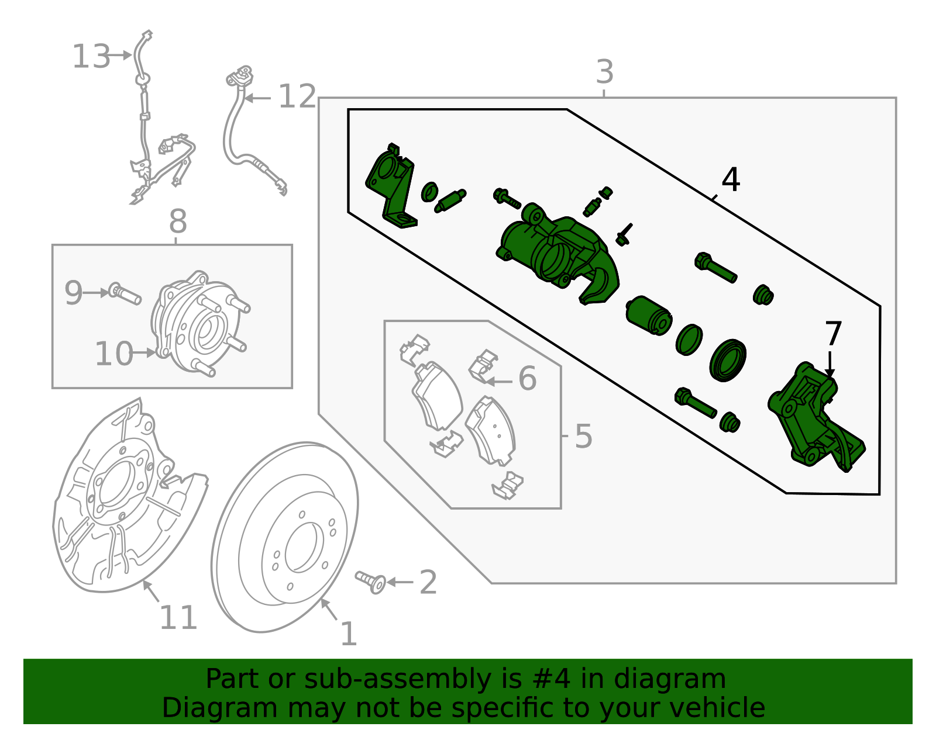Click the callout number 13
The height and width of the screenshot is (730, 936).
click(91, 57)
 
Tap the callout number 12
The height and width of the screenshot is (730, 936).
click(297, 96)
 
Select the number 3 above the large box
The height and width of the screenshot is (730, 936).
click(604, 72)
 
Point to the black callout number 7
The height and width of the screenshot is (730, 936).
click(832, 334)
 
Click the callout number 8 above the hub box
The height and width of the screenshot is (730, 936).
click(178, 222)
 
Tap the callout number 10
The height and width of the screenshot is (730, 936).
click(113, 354)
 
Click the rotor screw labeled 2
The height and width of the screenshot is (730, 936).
click(371, 582)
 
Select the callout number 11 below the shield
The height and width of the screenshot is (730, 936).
click(178, 618)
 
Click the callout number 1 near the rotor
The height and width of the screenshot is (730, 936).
click(349, 634)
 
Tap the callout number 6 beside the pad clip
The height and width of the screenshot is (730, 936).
click(527, 379)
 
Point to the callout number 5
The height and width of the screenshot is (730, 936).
click(583, 436)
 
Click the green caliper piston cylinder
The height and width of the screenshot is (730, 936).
click(648, 315)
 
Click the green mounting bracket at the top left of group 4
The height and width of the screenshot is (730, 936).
click(391, 184)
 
